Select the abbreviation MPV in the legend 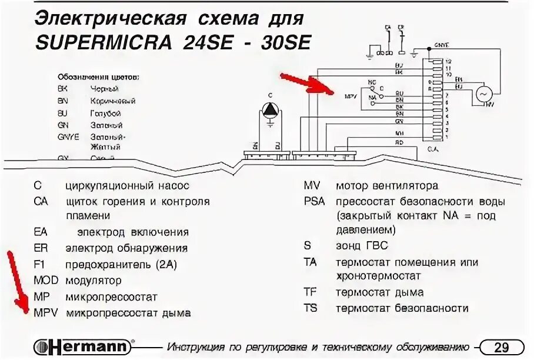45,312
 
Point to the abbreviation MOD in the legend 45,281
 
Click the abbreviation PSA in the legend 314,202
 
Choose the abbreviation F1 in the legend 40,265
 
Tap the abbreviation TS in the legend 311,308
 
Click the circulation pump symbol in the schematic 270,109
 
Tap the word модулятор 94,281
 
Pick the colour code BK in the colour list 63,89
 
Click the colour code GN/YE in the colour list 66,136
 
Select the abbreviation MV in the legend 312,186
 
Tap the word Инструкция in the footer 198,346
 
